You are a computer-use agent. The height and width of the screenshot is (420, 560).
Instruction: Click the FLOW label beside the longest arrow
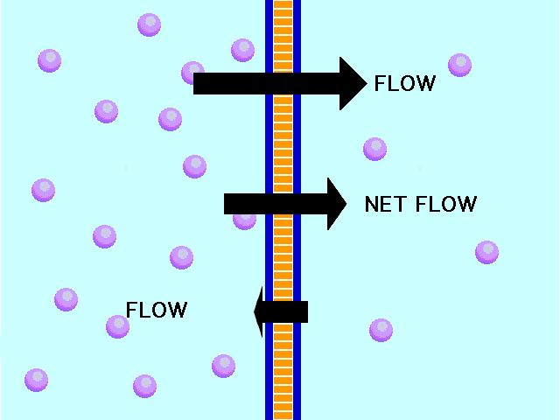click(404, 84)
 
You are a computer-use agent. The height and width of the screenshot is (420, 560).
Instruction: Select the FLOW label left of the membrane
click(157, 310)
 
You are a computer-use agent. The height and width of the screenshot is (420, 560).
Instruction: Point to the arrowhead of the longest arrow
click(352, 83)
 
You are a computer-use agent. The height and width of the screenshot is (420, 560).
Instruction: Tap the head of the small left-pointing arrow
click(259, 311)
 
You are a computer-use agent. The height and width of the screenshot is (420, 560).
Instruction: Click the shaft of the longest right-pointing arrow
click(262, 83)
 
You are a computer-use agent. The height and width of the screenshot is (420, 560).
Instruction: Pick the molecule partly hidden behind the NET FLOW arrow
click(244, 219)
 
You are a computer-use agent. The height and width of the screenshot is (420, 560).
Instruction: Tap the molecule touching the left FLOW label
click(118, 325)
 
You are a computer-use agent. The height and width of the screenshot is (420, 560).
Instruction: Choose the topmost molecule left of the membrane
click(150, 24)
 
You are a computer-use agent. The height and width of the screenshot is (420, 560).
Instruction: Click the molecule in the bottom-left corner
click(36, 380)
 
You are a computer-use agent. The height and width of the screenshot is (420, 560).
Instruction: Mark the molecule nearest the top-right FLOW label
click(459, 65)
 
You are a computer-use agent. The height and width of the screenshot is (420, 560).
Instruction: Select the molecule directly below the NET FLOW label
click(486, 252)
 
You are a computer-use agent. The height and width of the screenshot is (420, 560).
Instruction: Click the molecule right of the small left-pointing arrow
click(381, 330)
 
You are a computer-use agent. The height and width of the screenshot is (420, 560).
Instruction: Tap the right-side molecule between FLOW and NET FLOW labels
click(374, 149)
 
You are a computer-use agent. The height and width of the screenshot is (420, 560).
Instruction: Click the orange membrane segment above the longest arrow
click(283, 35)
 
